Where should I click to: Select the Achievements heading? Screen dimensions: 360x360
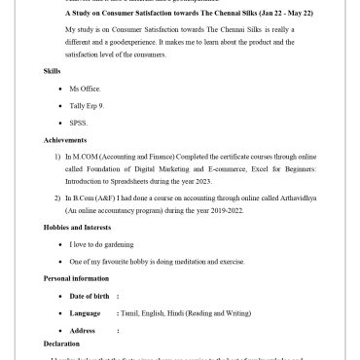click(65, 140)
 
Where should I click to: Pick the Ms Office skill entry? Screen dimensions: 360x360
click(87, 89)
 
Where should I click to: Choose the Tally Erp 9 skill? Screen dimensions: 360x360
click(90, 105)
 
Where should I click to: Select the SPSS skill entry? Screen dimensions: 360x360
click(79, 123)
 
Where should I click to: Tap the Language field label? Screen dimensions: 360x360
click(86, 313)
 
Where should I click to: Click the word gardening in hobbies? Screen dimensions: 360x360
click(116, 244)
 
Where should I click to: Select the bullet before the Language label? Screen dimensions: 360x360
click(62, 313)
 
